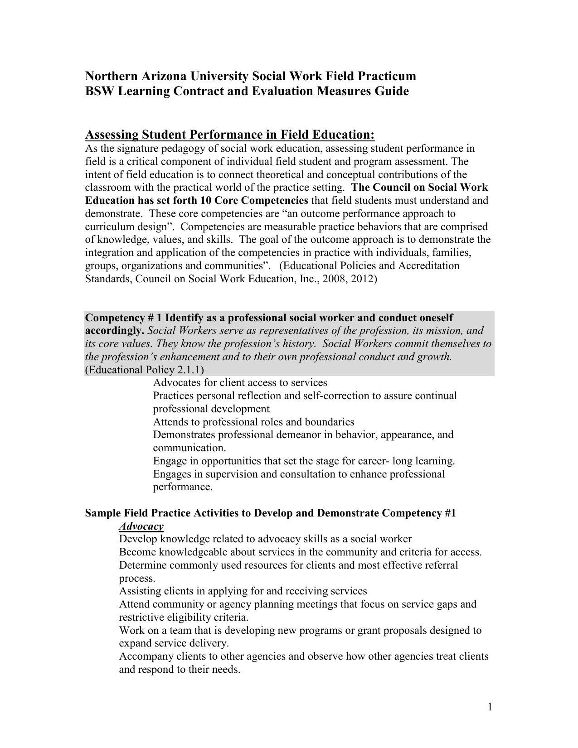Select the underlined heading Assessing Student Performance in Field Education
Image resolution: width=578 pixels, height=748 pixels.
230,135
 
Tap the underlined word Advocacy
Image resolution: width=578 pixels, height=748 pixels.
141,526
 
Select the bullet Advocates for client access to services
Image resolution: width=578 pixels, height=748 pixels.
240,383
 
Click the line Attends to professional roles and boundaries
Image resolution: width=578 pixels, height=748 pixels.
253,422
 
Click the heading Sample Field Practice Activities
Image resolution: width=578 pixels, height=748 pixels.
270,513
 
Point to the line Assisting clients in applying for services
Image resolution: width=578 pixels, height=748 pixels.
243,591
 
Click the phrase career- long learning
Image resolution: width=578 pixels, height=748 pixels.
406,461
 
